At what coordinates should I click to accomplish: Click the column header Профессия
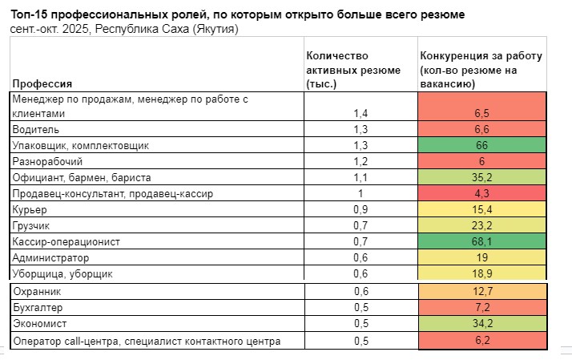(x=42, y=83)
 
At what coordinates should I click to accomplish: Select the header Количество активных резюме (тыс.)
(x=353, y=69)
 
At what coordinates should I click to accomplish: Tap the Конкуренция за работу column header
(x=481, y=69)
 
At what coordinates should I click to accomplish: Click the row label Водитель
(x=35, y=129)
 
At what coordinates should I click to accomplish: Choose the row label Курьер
(x=30, y=209)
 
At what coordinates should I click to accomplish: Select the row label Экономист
(x=39, y=324)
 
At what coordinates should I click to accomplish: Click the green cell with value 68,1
(x=481, y=241)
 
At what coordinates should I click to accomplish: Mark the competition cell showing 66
(x=481, y=145)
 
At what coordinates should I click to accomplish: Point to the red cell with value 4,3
(x=481, y=193)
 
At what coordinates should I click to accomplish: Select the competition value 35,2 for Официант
(x=481, y=177)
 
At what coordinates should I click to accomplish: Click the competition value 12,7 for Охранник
(x=481, y=291)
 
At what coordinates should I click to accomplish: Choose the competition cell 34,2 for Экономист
(x=481, y=324)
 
